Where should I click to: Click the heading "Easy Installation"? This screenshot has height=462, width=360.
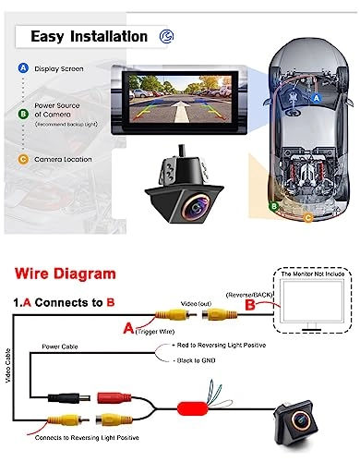click(89, 37)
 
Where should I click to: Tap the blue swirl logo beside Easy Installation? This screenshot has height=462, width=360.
click(164, 37)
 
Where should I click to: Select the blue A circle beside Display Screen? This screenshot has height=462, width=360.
click(21, 68)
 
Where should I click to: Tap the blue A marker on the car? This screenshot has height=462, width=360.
click(317, 96)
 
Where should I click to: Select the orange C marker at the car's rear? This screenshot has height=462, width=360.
click(308, 219)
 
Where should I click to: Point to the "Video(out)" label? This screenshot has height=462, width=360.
click(195, 303)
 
